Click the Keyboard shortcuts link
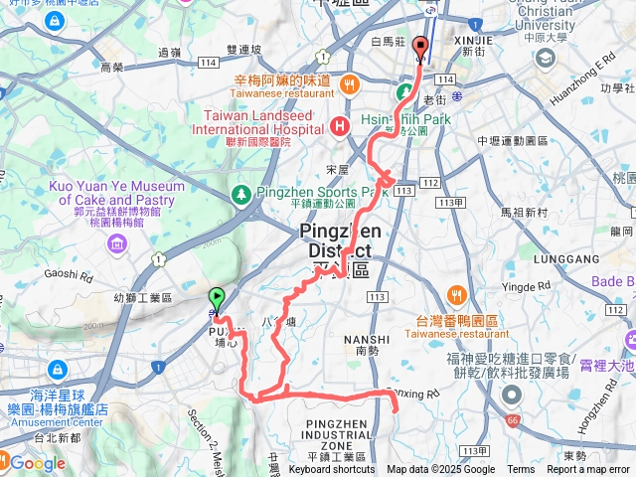(x=332, y=470)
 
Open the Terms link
(x=521, y=470)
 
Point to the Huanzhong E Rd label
(x=596, y=78)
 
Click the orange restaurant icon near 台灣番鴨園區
(x=457, y=294)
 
